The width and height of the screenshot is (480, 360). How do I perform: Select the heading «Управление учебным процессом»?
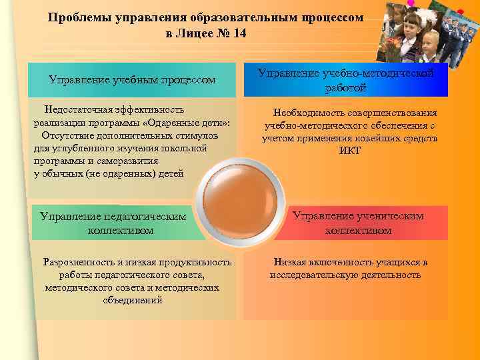[132, 80]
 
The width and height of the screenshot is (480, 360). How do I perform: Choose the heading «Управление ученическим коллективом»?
[359, 223]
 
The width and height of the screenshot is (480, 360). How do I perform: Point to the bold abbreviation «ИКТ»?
[349, 151]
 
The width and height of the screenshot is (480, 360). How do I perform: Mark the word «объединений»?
[133, 300]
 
